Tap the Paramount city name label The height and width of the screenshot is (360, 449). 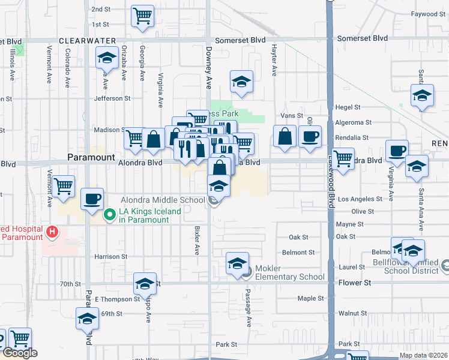pyautogui.click(x=91, y=157)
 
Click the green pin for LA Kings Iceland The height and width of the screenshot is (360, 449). pyautogui.click(x=110, y=214)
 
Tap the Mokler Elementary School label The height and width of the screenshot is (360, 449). pyautogui.click(x=290, y=272)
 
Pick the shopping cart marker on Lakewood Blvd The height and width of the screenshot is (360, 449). pyautogui.click(x=343, y=160)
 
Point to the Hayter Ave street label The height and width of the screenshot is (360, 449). pyautogui.click(x=274, y=61)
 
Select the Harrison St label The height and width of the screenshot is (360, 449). pyautogui.click(x=110, y=256)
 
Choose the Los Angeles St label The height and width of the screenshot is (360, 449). pyautogui.click(x=359, y=199)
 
